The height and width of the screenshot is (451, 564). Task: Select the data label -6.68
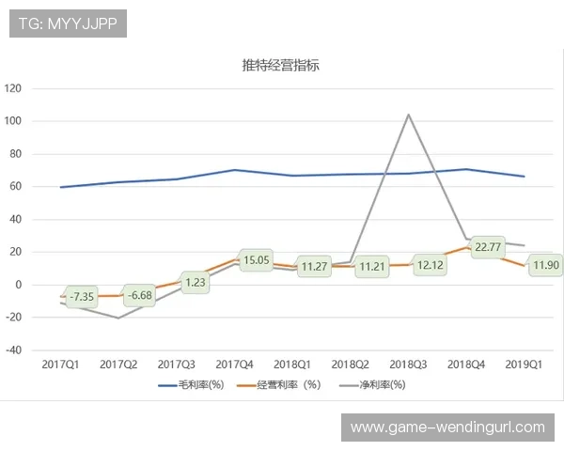click(x=139, y=296)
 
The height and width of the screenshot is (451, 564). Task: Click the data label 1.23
click(x=196, y=282)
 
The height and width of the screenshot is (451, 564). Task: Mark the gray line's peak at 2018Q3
click(x=408, y=115)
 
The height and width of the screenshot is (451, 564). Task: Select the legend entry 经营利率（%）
click(x=288, y=384)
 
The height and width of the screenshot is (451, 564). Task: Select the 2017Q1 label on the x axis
click(x=61, y=363)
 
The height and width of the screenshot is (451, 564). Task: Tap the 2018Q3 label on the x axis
click(x=408, y=363)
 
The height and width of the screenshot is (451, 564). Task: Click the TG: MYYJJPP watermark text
click(x=69, y=24)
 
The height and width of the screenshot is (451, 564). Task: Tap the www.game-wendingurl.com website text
click(x=447, y=428)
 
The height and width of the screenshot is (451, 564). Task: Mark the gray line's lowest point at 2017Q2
click(x=118, y=318)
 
